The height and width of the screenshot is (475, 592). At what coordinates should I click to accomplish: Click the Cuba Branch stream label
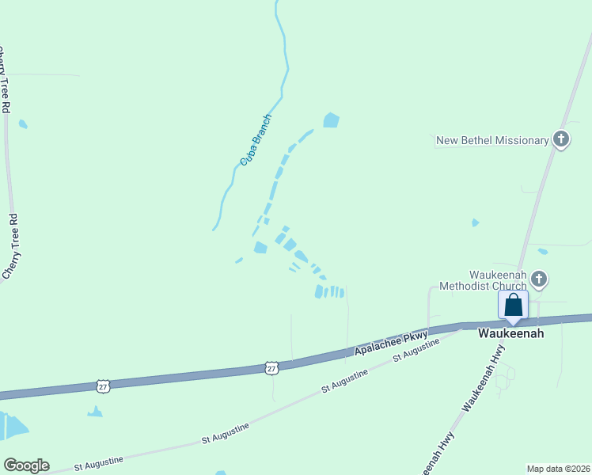[256, 141]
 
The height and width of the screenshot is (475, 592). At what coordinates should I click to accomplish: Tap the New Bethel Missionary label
[492, 141]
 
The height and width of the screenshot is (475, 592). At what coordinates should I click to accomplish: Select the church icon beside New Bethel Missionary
[561, 140]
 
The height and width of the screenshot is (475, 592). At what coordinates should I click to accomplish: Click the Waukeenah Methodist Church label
[483, 280]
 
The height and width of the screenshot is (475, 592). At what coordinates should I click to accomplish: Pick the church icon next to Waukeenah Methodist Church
[539, 279]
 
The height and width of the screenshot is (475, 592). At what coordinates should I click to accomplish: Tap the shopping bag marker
[513, 306]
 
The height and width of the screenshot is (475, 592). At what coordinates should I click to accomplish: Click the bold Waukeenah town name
[510, 334]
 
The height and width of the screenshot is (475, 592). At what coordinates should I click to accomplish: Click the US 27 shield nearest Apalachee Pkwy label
[271, 368]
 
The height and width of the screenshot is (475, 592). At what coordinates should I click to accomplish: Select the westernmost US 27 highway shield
[104, 386]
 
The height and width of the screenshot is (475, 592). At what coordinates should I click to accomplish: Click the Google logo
[26, 465]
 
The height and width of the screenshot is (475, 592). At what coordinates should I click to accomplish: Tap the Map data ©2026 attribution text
[557, 469]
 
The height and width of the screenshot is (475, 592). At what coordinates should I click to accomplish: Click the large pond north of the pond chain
[331, 120]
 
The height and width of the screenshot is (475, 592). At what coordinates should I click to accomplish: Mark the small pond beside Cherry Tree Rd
[23, 124]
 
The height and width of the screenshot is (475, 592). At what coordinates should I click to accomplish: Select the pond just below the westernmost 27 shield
[95, 412]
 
